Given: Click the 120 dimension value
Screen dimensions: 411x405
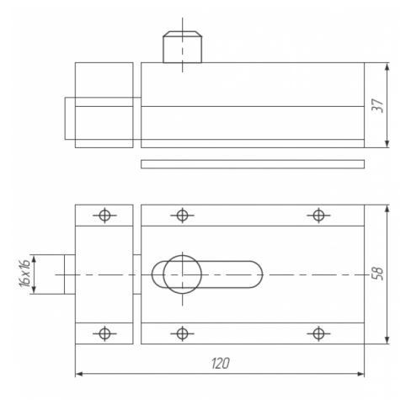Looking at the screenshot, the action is [221, 363].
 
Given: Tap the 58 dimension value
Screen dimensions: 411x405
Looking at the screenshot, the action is [377, 273].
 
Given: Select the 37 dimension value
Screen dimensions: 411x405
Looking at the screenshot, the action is [377, 105].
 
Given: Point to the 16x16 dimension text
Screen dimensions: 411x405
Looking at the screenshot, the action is [24, 274].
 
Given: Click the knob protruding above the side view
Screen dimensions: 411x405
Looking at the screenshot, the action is [183, 47].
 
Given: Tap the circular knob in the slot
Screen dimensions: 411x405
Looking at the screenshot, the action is [183, 274].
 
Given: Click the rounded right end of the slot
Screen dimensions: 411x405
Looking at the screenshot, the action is [257, 274].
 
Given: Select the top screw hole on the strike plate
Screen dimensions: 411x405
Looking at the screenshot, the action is [104, 216].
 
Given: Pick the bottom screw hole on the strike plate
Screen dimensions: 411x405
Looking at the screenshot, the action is [104, 333].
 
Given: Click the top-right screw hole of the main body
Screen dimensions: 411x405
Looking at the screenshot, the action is [318, 216].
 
